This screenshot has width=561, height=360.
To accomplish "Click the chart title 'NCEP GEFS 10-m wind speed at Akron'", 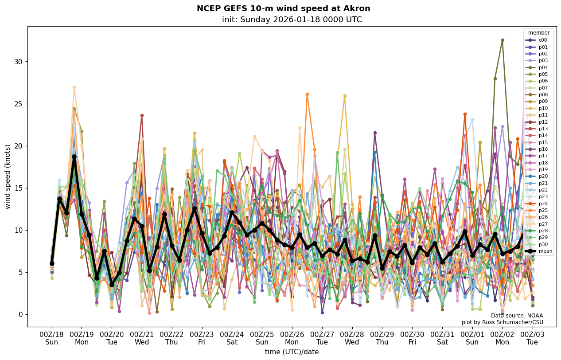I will pyautogui.click(x=283, y=8).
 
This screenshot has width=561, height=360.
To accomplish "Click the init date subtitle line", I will pyautogui.click(x=292, y=20).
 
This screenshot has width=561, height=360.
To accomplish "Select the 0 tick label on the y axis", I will pyautogui.click(x=19, y=314).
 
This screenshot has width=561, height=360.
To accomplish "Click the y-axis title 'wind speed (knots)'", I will pyautogui.click(x=8, y=176).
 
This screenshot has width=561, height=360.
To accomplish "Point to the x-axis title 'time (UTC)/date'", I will pyautogui.click(x=292, y=352).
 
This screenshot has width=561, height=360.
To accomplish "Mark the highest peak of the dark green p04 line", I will pyautogui.click(x=503, y=40).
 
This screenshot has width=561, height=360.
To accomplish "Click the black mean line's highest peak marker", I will pyautogui.click(x=74, y=157).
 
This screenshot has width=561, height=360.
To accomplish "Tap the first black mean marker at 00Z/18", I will pyautogui.click(x=52, y=263).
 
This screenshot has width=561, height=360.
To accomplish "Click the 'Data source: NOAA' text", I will pyautogui.click(x=517, y=316).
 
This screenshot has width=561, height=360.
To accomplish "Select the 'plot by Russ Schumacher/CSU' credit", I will pyautogui.click(x=502, y=322).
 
